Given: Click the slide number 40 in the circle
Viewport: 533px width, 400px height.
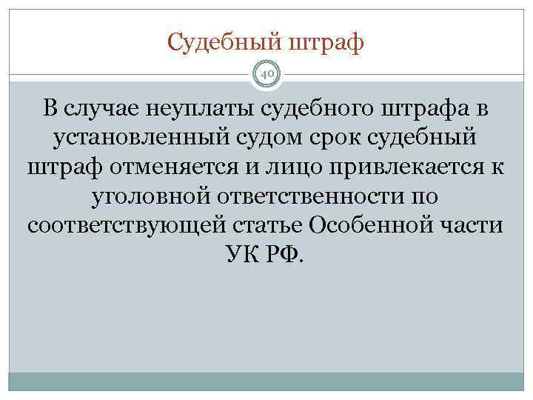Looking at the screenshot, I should tap(266, 74).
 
